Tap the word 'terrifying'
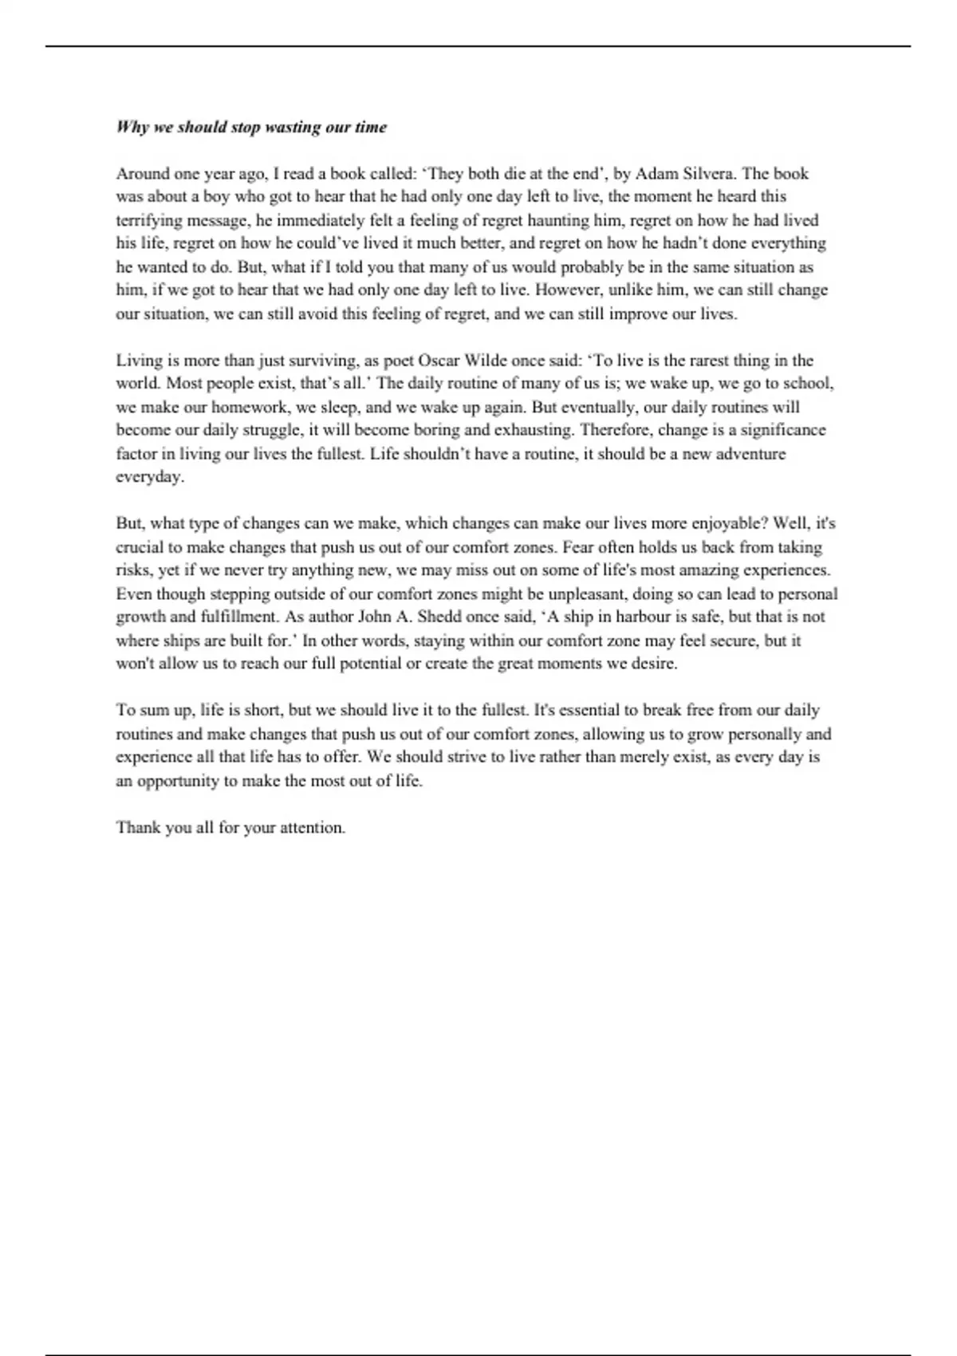coord(150,220)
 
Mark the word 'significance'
coord(779,430)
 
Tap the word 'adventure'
coord(751,453)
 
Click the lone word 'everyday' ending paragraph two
coord(149,477)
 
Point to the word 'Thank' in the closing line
coord(138,827)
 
